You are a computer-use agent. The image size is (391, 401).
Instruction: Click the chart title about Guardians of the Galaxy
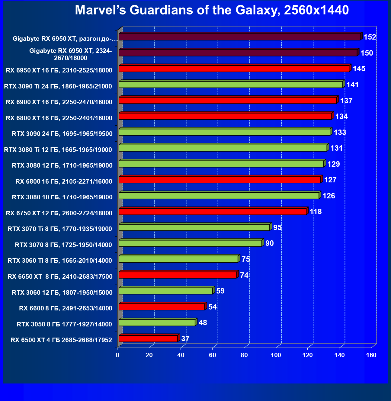coord(212,10)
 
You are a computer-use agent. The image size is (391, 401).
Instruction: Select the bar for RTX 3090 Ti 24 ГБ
coord(231,85)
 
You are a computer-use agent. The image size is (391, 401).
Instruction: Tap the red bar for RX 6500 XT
coord(148,338)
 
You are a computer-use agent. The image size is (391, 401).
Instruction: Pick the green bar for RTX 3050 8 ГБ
coord(157,323)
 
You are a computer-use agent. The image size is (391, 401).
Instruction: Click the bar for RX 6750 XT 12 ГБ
coord(213,211)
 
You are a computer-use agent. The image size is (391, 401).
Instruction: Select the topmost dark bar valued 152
coord(239,37)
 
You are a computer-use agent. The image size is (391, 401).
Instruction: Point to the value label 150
coord(367,53)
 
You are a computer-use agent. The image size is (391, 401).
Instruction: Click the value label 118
coord(316,212)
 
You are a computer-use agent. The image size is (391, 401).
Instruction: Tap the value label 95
coord(277,228)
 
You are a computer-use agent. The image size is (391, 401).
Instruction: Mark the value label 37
coord(185,339)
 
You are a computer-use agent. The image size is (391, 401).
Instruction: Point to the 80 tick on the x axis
coord(244,355)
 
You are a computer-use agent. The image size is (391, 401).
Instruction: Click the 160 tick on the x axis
coord(371,355)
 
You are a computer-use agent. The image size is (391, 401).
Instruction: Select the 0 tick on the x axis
coord(117,355)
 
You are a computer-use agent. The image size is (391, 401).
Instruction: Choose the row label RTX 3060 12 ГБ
coord(62,293)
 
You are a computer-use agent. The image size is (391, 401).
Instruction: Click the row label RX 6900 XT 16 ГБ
coord(59,102)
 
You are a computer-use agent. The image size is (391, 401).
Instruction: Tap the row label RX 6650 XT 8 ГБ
coord(60,277)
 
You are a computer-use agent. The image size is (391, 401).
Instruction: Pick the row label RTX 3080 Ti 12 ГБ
coord(58,150)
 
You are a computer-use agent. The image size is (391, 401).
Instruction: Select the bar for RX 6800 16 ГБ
coord(220,180)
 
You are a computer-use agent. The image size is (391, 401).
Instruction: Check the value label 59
coord(220,291)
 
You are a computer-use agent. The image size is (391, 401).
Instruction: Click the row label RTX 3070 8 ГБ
coord(63,245)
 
